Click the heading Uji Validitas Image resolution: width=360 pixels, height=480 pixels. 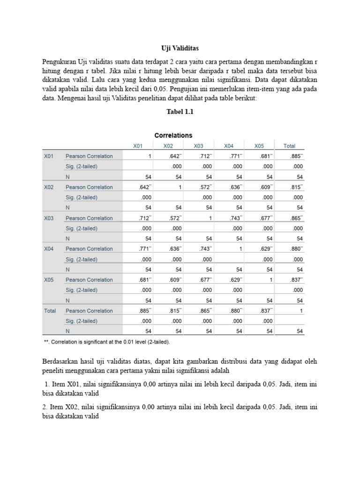coord(180,48)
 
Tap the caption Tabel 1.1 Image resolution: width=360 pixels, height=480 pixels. coord(180,112)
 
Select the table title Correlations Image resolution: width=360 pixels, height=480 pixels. coord(173,135)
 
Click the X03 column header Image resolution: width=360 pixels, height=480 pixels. coord(198,146)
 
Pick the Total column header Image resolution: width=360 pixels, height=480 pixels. coord(289,146)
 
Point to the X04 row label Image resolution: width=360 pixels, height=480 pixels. coord(49,249)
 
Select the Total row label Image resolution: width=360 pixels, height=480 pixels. coord(50,311)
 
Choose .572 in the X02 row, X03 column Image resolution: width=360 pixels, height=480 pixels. coord(204,187)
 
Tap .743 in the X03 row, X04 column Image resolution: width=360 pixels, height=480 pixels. coord(234,218)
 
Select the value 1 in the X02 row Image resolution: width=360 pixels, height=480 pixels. coord(178,187)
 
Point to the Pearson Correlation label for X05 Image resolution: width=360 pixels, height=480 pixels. coord(89,280)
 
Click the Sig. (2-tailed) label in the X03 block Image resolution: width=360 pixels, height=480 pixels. coord(82,228)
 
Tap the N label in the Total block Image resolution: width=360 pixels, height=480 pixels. coord(67,331)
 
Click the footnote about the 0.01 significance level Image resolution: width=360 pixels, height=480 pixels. coord(106,342)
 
